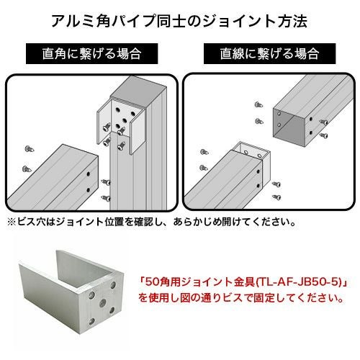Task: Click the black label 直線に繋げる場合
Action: coord(269,54)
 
